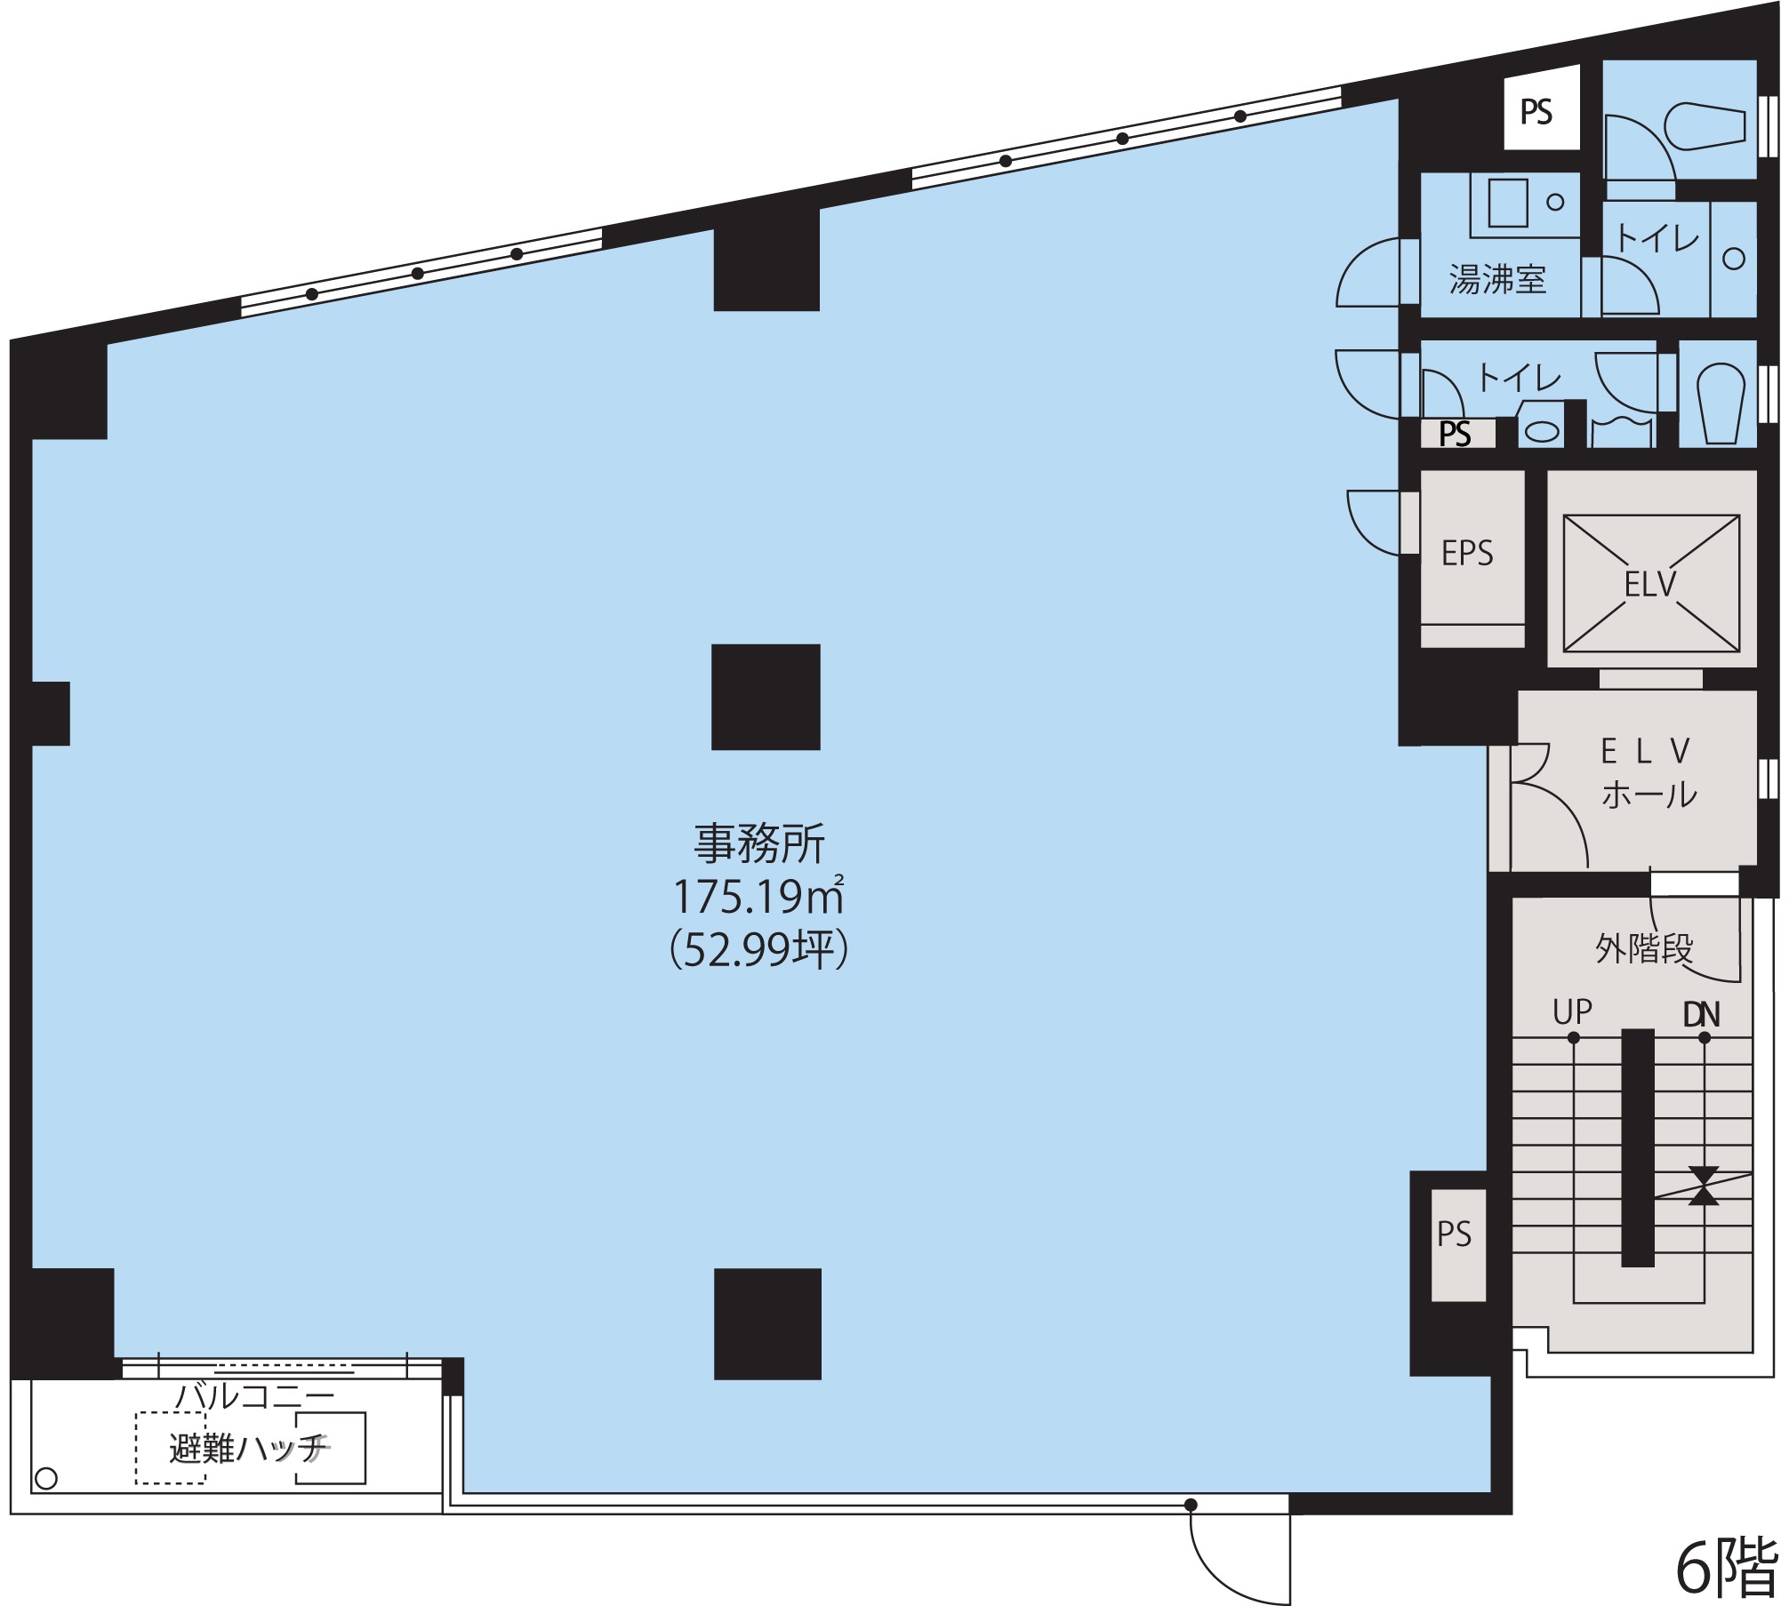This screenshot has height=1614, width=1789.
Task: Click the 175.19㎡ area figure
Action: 758,896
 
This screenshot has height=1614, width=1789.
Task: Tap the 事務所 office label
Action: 759,843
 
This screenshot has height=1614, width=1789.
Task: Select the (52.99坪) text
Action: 759,949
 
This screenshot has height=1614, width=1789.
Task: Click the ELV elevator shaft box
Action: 1651,584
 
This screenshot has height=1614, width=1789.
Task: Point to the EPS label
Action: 1467,553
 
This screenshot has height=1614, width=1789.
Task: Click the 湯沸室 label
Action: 1497,279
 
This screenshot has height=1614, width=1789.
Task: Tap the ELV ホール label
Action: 1649,772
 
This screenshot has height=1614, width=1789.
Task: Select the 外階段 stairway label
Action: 1644,948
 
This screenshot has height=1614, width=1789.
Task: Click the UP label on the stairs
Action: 1572,1011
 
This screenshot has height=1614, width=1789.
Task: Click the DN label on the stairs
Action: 1702,1014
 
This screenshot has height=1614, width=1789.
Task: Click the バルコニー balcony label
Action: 254,1396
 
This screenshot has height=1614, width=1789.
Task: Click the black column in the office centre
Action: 766,698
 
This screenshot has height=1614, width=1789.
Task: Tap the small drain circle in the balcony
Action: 46,1479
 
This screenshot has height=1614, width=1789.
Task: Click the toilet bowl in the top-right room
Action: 1704,127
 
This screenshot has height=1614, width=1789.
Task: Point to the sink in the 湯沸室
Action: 1509,203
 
